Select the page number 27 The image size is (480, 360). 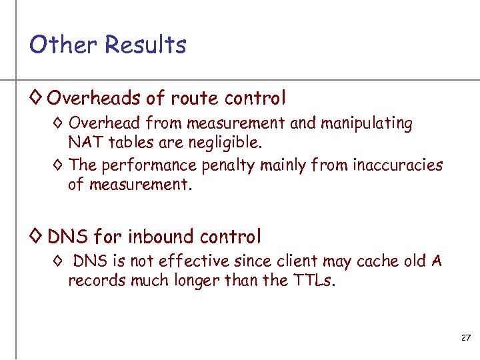465,339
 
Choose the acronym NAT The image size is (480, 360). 83,142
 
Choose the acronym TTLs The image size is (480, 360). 314,280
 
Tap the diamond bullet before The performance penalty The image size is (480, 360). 58,165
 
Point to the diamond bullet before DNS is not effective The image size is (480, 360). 58,261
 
